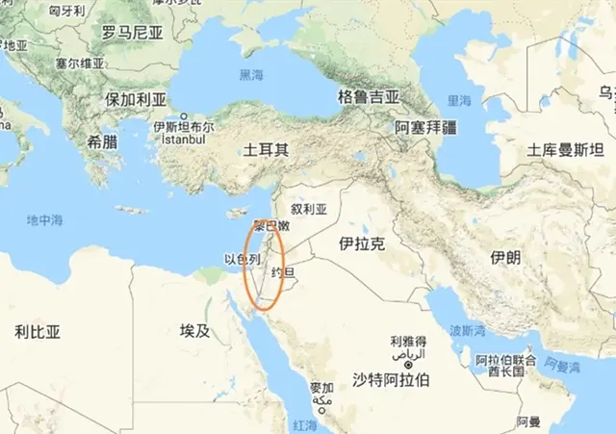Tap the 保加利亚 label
point(136,100)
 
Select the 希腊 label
point(103,140)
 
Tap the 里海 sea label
point(459,100)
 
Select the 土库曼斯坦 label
point(565,150)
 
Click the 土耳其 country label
point(267,150)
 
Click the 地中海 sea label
point(44,220)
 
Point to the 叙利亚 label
point(309,208)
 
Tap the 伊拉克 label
point(362,244)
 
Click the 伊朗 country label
point(504,258)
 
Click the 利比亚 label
point(38,331)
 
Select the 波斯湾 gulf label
point(467,330)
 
